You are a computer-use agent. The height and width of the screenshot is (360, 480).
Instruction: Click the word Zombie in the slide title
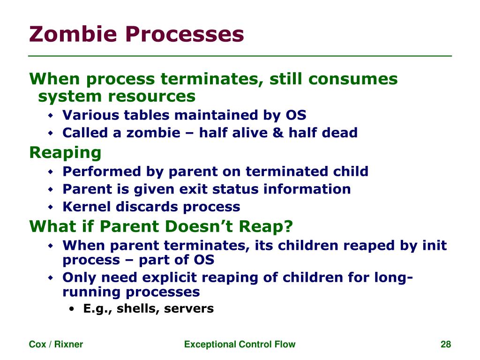[x=68, y=34]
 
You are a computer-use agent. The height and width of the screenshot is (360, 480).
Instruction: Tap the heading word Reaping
[x=65, y=153]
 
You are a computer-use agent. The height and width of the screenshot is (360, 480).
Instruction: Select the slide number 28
[x=446, y=345]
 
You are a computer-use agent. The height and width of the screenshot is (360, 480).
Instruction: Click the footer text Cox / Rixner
[x=56, y=345]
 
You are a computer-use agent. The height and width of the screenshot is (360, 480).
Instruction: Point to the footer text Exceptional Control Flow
[x=240, y=345]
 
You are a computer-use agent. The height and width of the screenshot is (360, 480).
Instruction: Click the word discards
[x=151, y=207]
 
